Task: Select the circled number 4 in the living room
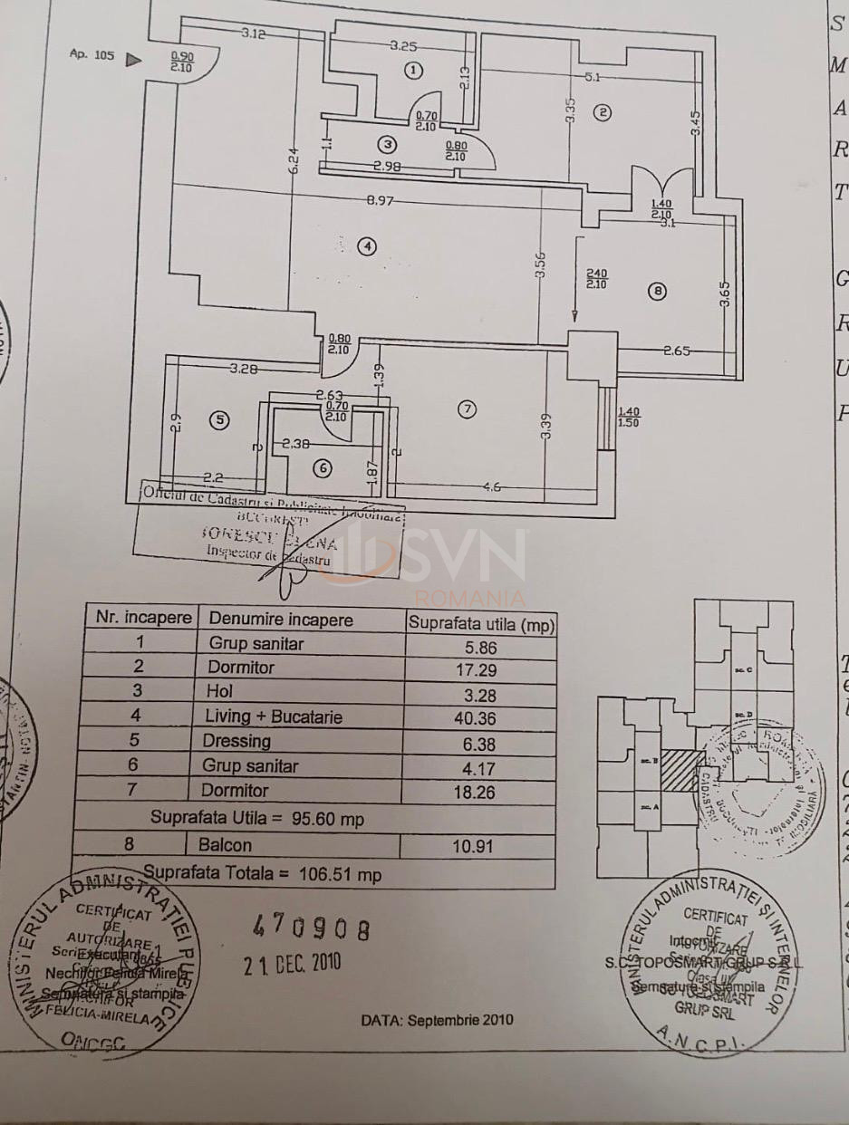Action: [366, 245]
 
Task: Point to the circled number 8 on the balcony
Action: [658, 291]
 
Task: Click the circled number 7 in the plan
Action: [467, 409]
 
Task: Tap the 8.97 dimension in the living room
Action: [381, 202]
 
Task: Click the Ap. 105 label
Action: [92, 54]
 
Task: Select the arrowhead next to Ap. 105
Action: [133, 60]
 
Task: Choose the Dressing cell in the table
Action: [240, 741]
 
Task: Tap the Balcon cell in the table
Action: [231, 845]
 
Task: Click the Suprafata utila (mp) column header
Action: [481, 623]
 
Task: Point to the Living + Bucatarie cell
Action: [275, 716]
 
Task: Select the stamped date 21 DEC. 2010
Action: [293, 962]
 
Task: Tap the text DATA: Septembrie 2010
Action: [437, 1019]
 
